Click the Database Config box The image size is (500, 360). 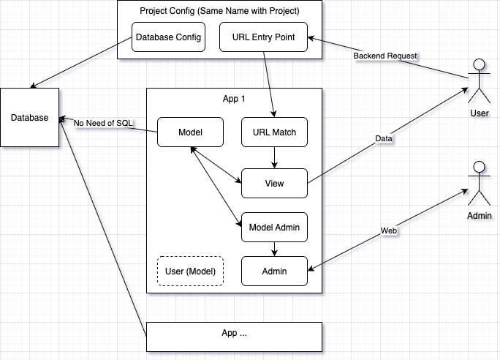[168, 37]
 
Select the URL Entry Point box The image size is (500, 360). [263, 37]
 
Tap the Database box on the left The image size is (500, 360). [29, 119]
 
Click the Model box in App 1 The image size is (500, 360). [190, 132]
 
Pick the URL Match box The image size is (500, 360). [274, 132]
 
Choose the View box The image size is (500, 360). [274, 184]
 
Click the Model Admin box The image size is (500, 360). [274, 228]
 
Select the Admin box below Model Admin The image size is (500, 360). [274, 271]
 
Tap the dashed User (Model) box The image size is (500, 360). [190, 271]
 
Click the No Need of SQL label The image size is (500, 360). [103, 123]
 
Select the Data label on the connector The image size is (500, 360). [383, 138]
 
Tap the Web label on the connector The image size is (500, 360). [389, 230]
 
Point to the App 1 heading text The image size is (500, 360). [235, 99]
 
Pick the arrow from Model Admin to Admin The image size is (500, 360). [274, 250]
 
